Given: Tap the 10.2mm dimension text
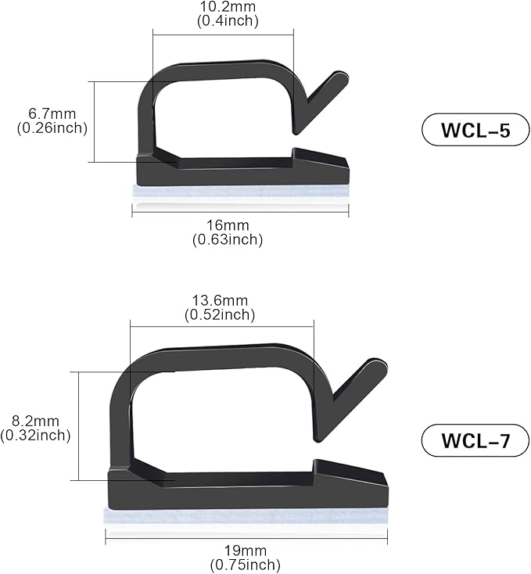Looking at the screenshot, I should point(227,7).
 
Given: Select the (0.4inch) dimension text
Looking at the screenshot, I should point(227,20).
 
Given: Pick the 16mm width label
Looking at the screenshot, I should point(227,226).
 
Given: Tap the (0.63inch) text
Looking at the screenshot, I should point(227,240).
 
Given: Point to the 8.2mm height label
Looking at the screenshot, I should point(36,422).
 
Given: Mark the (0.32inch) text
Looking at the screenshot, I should point(36,436).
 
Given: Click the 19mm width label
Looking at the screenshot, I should point(245,550).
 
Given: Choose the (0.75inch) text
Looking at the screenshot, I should point(245,564).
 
